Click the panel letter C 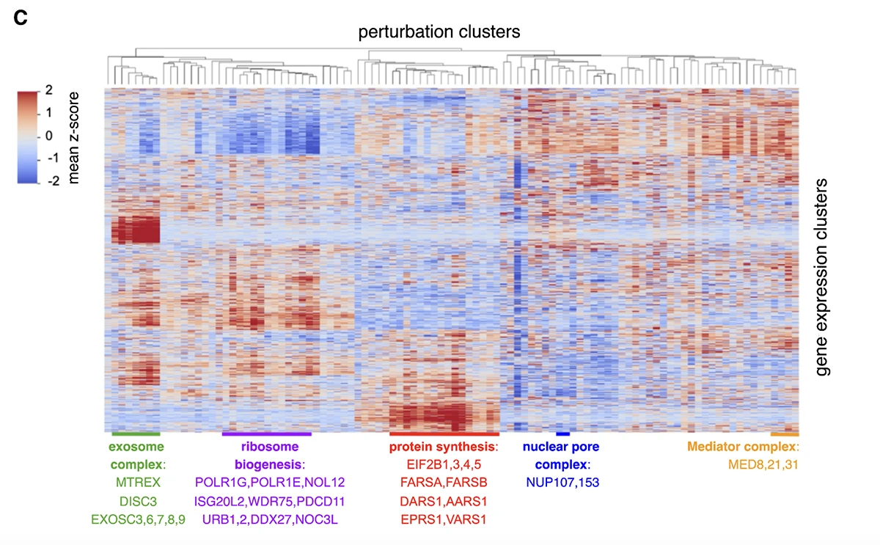tap(21, 18)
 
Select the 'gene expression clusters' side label tap(824, 277)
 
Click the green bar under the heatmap tap(136, 434)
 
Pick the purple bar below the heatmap tap(266, 434)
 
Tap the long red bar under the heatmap tap(444, 434)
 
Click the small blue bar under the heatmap tap(562, 434)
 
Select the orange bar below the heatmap tap(785, 434)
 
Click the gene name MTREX tap(137, 483)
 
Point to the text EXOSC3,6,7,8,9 tap(138, 519)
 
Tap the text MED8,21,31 tap(760, 464)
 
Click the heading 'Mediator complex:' tap(742, 446)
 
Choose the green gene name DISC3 tap(137, 501)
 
